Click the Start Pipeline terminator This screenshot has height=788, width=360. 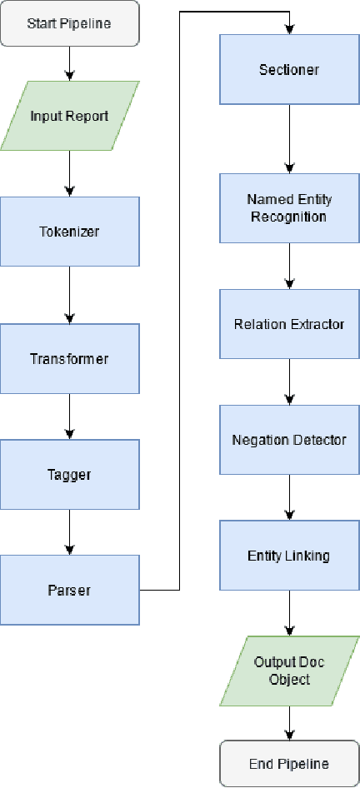point(69,22)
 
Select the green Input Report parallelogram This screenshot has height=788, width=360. point(69,116)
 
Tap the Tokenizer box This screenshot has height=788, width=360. point(69,231)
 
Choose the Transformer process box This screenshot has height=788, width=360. point(69,359)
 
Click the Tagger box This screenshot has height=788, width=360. point(69,475)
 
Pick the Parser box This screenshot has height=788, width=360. point(69,590)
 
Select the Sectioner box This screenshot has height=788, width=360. point(289,69)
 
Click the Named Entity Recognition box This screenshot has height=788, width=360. point(289,208)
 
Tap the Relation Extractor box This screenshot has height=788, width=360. point(289,324)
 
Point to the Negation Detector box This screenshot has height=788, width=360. point(289,439)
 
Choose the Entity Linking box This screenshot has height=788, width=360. point(289,555)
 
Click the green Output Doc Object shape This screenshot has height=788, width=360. point(289,671)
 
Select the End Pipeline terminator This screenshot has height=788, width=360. point(289,763)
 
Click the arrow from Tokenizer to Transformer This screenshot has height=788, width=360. point(69,295)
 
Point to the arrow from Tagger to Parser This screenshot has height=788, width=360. point(69,532)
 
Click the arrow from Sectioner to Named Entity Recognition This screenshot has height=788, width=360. point(289,138)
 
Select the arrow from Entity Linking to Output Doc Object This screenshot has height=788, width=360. point(289,612)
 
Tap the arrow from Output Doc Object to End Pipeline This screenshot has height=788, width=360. point(289,723)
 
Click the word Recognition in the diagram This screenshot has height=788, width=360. point(289,217)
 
